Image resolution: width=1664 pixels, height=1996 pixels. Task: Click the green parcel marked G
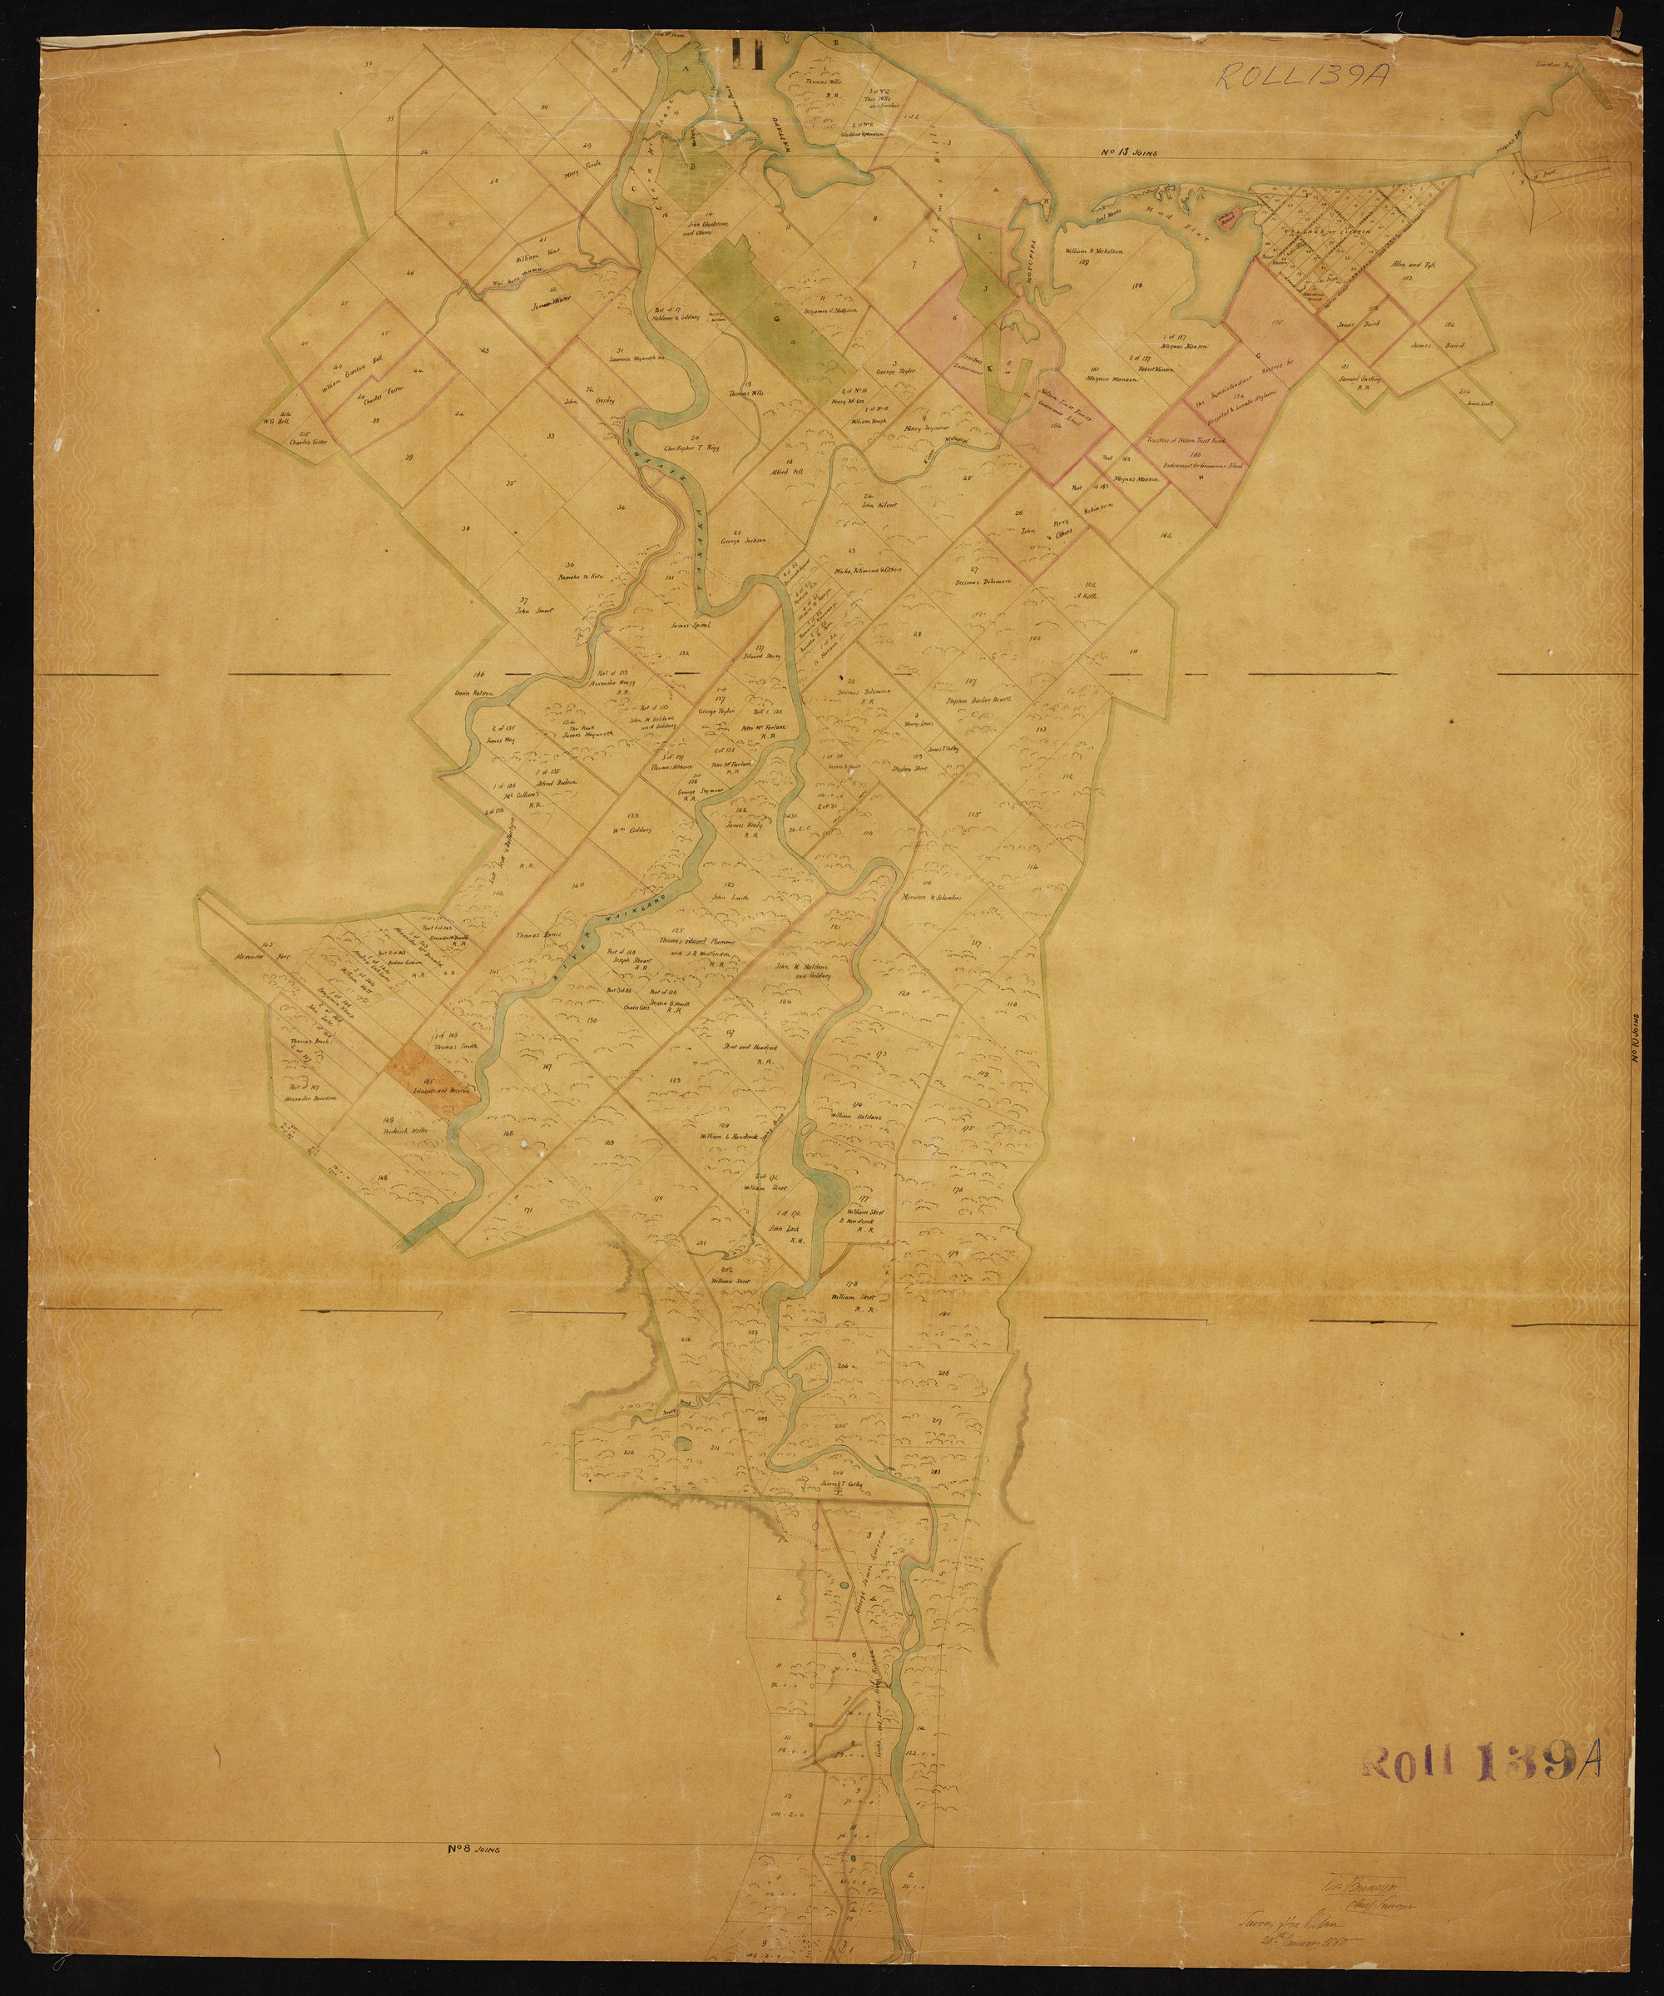click(x=777, y=314)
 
